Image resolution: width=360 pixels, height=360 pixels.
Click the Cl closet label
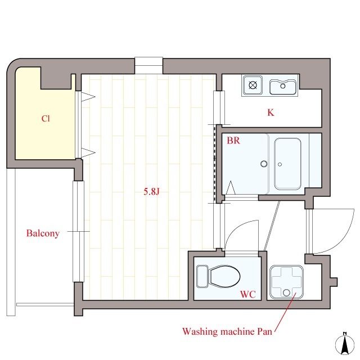click(x=46, y=119)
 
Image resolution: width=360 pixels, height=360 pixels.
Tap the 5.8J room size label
click(x=151, y=191)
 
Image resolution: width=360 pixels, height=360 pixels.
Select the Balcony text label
click(x=43, y=233)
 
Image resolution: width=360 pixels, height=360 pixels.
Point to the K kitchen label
click(x=271, y=112)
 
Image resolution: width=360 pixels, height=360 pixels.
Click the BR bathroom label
click(x=233, y=140)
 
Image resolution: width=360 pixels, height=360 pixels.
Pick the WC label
click(x=247, y=294)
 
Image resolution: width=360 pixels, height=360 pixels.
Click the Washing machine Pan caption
click(x=227, y=331)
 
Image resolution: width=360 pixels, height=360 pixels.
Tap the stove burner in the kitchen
click(x=253, y=85)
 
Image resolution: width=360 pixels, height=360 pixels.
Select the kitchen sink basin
click(x=282, y=87)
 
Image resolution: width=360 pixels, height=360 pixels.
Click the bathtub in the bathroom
click(x=287, y=164)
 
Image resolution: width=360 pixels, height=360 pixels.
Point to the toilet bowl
click(x=225, y=276)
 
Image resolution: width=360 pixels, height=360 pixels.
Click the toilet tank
click(x=202, y=276)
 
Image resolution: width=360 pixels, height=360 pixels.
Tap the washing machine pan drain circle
click(x=286, y=292)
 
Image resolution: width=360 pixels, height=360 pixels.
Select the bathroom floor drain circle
click(x=264, y=164)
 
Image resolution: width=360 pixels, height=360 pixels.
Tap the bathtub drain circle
click(x=280, y=164)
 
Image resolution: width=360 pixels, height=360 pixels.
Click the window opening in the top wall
click(x=148, y=66)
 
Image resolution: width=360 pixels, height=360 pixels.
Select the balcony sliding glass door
click(x=79, y=231)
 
